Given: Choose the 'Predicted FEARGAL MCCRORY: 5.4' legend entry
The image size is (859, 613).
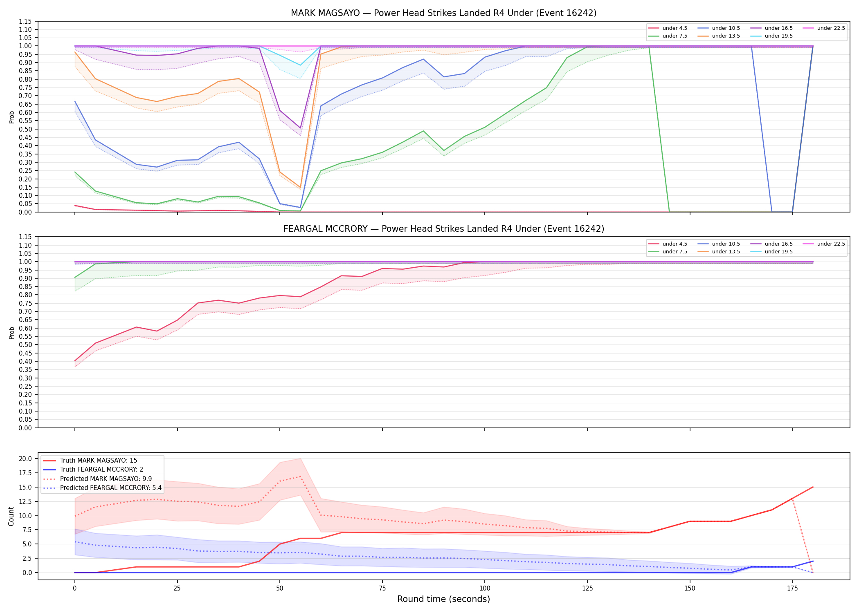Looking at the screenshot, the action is (x=102, y=488).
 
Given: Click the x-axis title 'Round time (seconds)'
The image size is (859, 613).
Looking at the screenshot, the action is (x=443, y=599).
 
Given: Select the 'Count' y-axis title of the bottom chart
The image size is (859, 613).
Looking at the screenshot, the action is (x=11, y=516).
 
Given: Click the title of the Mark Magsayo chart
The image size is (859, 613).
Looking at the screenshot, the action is (x=443, y=13).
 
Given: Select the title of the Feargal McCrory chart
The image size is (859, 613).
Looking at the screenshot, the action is (x=443, y=229).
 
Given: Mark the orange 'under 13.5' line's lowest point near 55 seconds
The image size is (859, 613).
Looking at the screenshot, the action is (x=300, y=187).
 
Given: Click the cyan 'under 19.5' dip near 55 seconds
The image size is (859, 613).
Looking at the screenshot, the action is (x=300, y=65).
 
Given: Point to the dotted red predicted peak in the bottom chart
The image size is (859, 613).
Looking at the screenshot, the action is (x=300, y=477).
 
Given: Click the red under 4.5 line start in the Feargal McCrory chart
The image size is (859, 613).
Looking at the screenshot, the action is (x=75, y=361).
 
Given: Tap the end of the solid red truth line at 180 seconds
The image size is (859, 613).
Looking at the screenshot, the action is (x=813, y=487).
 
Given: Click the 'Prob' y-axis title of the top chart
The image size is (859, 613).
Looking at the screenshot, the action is (x=11, y=117).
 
